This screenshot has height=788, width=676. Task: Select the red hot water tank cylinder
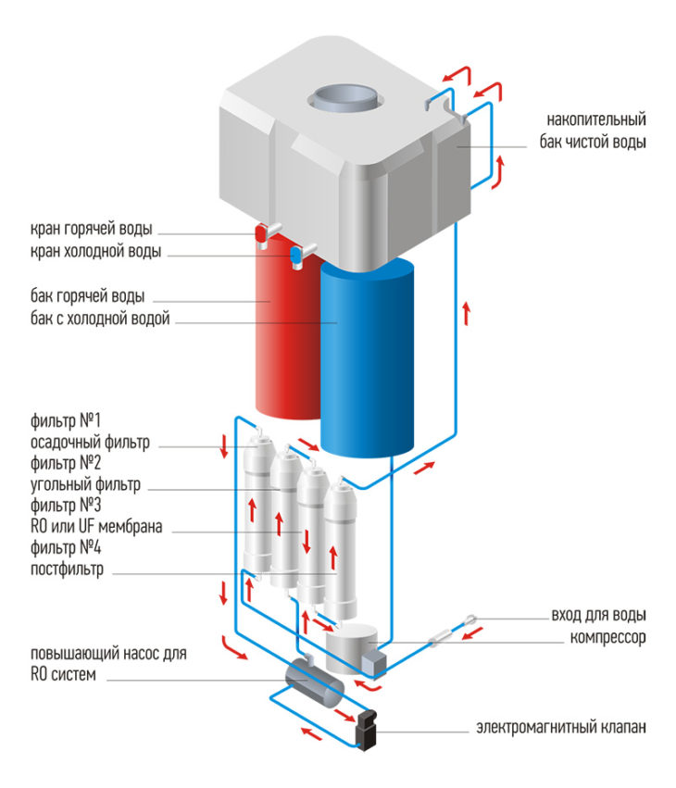point(278,333)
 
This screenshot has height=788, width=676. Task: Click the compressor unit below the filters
point(352,643)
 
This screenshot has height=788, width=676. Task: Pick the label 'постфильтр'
point(68,570)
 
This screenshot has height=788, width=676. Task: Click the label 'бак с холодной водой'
point(100,319)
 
